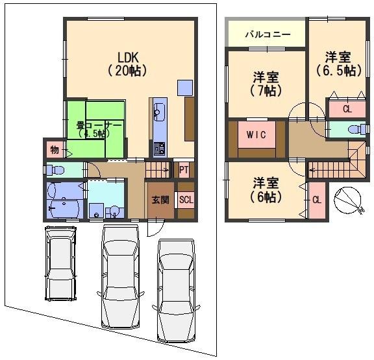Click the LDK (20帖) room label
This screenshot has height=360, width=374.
(x=127, y=64)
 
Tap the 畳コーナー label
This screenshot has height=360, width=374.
(x=99, y=125)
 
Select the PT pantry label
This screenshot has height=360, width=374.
(x=184, y=170)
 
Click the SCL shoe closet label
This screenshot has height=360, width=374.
(x=186, y=200)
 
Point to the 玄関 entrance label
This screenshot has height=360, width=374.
(x=160, y=200)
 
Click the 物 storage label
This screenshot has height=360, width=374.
(x=55, y=150)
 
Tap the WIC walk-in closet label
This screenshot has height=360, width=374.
(x=256, y=135)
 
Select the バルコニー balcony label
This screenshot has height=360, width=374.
(x=268, y=35)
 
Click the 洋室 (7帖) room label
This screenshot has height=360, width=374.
(x=266, y=84)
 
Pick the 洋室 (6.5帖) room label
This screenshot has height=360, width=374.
(x=339, y=64)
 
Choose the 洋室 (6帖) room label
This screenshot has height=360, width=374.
(x=266, y=190)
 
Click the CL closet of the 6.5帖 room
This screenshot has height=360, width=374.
(x=347, y=109)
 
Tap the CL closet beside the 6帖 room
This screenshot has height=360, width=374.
(x=317, y=200)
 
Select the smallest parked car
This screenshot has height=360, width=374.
(x=61, y=263)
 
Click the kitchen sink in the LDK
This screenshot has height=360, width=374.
(x=159, y=112)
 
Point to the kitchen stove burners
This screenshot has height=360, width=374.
(x=159, y=149)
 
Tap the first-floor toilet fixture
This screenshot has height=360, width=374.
(x=54, y=170)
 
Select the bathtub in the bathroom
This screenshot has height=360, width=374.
(x=64, y=209)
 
